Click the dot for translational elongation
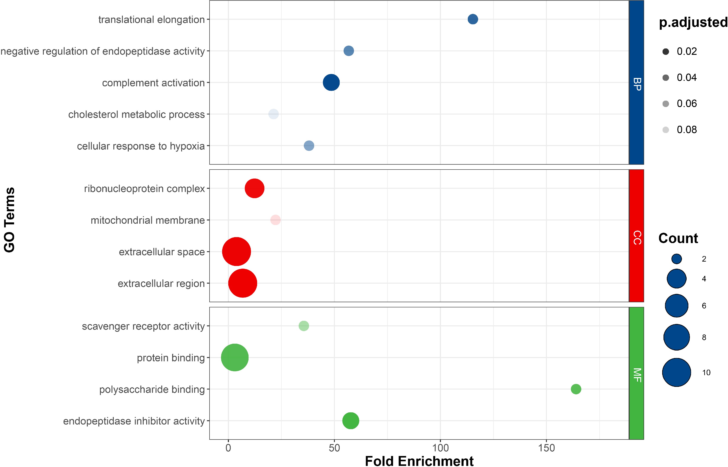(473, 19)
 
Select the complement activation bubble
(331, 83)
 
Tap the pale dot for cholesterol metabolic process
(273, 114)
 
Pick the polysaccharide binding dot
(576, 389)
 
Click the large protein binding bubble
(235, 358)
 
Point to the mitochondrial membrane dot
(275, 220)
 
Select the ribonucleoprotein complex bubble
(254, 188)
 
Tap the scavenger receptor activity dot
(304, 326)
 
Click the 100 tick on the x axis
(440, 448)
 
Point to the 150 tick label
(546, 448)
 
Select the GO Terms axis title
(10, 220)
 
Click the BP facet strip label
(637, 84)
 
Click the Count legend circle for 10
(676, 372)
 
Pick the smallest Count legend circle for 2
(676, 259)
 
